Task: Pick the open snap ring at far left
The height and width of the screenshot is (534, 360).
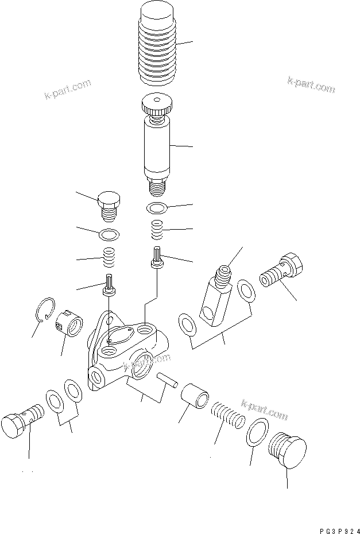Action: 45,310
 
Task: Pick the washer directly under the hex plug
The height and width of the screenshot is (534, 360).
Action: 109,234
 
